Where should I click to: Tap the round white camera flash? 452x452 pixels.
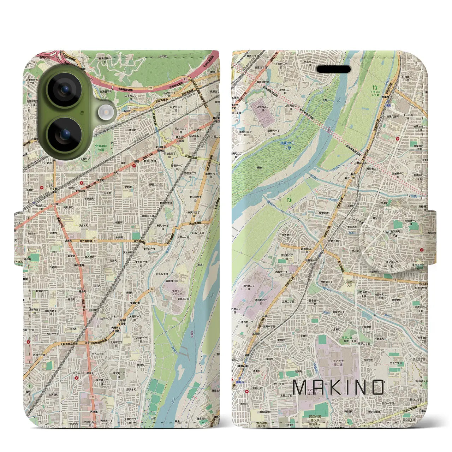point(105,113)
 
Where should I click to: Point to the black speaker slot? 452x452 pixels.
point(333,69)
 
